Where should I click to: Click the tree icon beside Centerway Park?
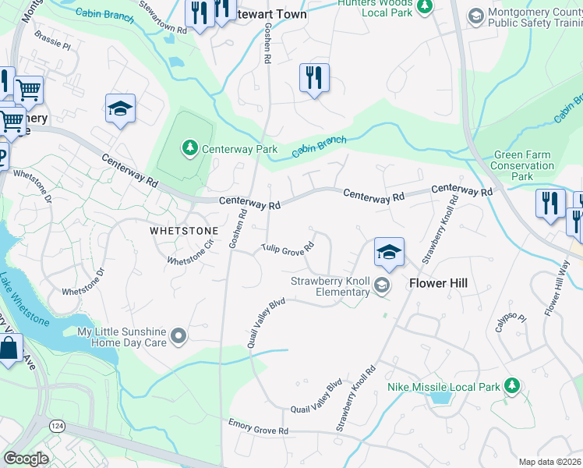(189, 147)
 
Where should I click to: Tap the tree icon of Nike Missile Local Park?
(512, 386)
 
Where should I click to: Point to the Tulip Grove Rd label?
(288, 249)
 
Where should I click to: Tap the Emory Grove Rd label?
(258, 430)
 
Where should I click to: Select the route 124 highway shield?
(57, 426)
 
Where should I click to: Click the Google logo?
(26, 459)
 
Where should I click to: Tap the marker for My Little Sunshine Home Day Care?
(178, 336)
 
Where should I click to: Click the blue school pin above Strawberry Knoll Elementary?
(389, 253)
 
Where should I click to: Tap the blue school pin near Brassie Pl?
(121, 109)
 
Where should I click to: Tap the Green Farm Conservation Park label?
(523, 165)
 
